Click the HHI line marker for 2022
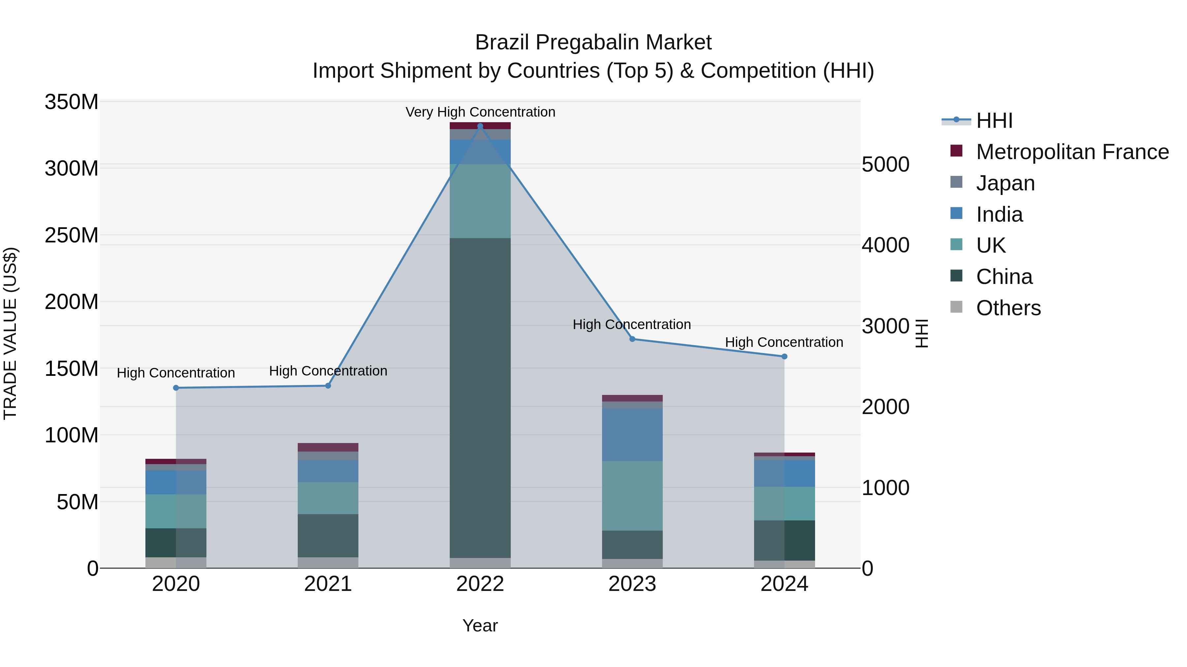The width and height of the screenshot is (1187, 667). click(x=480, y=126)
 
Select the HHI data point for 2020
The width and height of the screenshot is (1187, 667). click(x=176, y=388)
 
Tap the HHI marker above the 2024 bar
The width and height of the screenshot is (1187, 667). click(x=784, y=356)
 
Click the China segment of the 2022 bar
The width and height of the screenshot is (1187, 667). click(x=480, y=398)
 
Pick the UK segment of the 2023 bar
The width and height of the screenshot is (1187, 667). click(x=632, y=496)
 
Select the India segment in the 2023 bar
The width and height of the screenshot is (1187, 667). click(x=632, y=434)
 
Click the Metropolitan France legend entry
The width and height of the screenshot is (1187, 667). click(x=1072, y=152)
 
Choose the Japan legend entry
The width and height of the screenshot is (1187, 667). click(x=1005, y=183)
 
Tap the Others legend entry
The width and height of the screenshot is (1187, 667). click(x=1008, y=308)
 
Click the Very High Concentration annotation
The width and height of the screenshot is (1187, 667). click(x=480, y=112)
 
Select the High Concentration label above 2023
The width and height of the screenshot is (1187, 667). click(x=631, y=324)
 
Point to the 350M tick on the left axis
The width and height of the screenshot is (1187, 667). click(x=72, y=102)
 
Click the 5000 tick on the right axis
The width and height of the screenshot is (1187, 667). click(x=886, y=164)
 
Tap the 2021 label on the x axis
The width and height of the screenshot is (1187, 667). click(x=328, y=584)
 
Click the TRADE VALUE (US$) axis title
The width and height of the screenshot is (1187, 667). click(x=10, y=333)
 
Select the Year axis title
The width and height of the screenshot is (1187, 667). click(x=480, y=625)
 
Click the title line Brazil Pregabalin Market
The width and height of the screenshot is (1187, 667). click(x=593, y=42)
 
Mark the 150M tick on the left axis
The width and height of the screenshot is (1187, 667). click(x=72, y=369)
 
